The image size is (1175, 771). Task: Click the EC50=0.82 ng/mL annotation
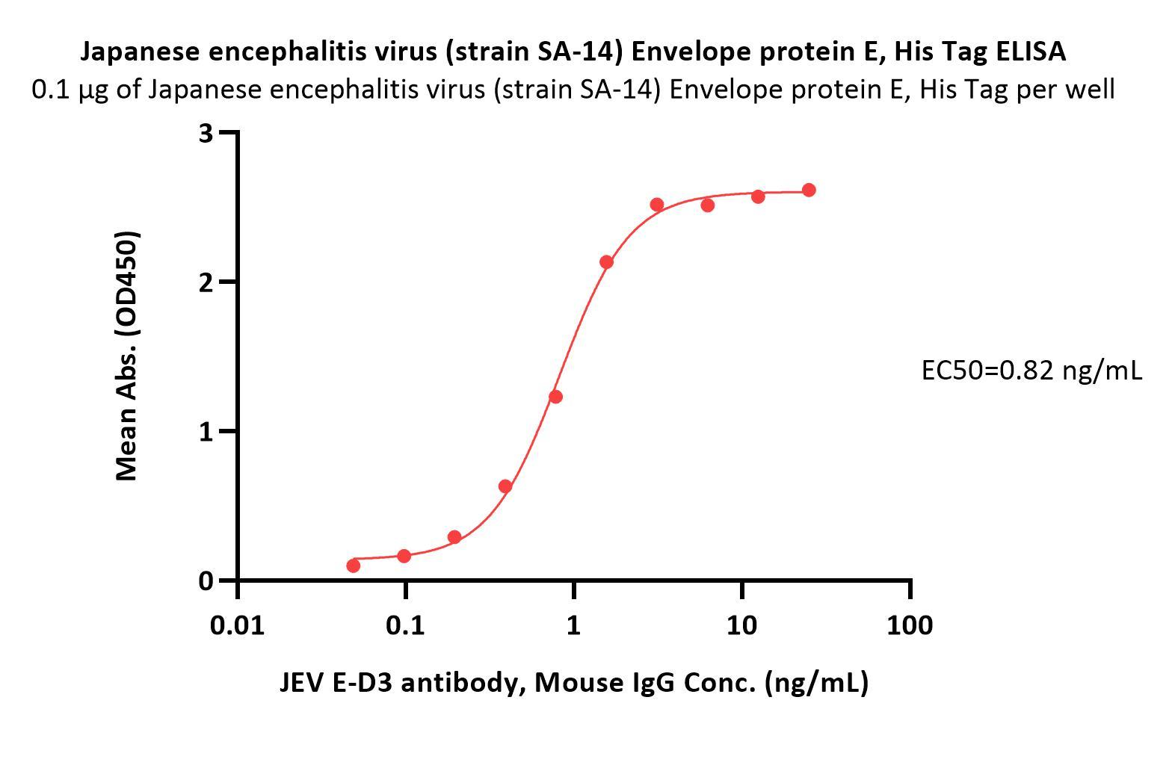pyautogui.click(x=1031, y=370)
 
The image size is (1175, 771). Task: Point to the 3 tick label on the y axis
pyautogui.click(x=206, y=133)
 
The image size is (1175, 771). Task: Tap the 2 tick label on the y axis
pyautogui.click(x=206, y=282)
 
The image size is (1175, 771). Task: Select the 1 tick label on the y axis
pyautogui.click(x=206, y=431)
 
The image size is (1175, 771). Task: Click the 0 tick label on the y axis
pyautogui.click(x=206, y=580)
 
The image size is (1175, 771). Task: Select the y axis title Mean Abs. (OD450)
pyautogui.click(x=127, y=356)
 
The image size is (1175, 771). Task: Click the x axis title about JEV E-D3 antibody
pyautogui.click(x=574, y=682)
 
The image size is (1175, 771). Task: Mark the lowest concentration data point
pyautogui.click(x=354, y=566)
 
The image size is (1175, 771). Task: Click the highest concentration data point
pyautogui.click(x=809, y=191)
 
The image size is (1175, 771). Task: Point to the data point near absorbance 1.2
pyautogui.click(x=555, y=397)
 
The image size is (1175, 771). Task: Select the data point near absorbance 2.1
pyautogui.click(x=606, y=262)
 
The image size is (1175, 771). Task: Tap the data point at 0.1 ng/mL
pyautogui.click(x=404, y=556)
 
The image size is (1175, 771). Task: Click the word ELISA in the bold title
pyautogui.click(x=1031, y=52)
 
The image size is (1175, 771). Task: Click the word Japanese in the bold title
pyautogui.click(x=140, y=52)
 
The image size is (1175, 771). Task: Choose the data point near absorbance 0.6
pyautogui.click(x=505, y=486)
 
